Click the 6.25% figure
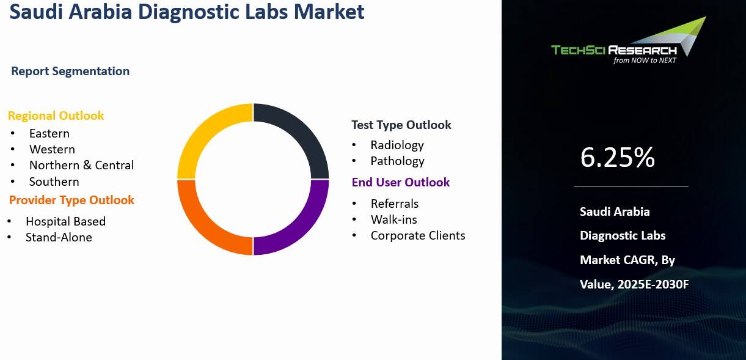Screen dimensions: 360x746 (x=617, y=158)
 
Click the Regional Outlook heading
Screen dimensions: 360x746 (x=56, y=116)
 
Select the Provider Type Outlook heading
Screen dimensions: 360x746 (x=71, y=200)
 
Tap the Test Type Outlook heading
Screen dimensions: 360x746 (x=401, y=125)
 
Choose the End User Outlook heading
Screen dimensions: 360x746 (x=400, y=182)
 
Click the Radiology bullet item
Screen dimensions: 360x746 (x=397, y=145)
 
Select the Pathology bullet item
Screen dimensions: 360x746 (x=397, y=161)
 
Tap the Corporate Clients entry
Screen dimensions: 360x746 (x=417, y=235)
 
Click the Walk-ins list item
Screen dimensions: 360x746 (x=393, y=219)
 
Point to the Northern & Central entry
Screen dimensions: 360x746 (x=81, y=165)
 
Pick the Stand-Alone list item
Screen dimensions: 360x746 (x=59, y=237)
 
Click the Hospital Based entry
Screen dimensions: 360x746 (x=65, y=221)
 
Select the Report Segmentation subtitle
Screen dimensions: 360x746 (x=70, y=71)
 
